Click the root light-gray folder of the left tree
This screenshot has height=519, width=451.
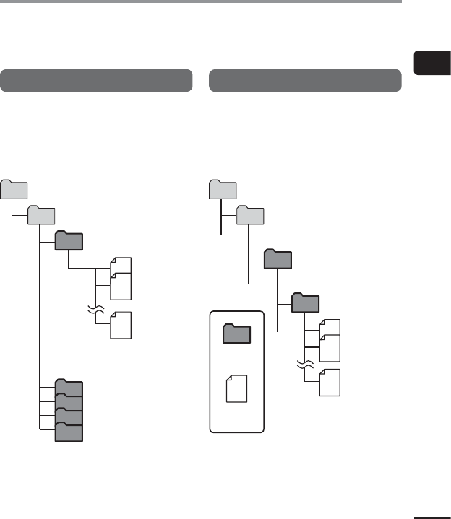[14, 190]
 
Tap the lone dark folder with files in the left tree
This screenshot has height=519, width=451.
[69, 240]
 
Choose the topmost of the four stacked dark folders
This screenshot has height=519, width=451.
[69, 388]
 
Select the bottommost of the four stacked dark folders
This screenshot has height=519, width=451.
[69, 431]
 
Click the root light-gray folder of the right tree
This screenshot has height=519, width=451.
[223, 190]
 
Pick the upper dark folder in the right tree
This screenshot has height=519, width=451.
[278, 258]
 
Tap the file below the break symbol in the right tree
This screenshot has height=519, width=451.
[330, 381]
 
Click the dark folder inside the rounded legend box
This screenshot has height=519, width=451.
[236, 334]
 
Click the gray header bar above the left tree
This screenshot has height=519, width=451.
[96, 80]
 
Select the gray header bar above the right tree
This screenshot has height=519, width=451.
[305, 80]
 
